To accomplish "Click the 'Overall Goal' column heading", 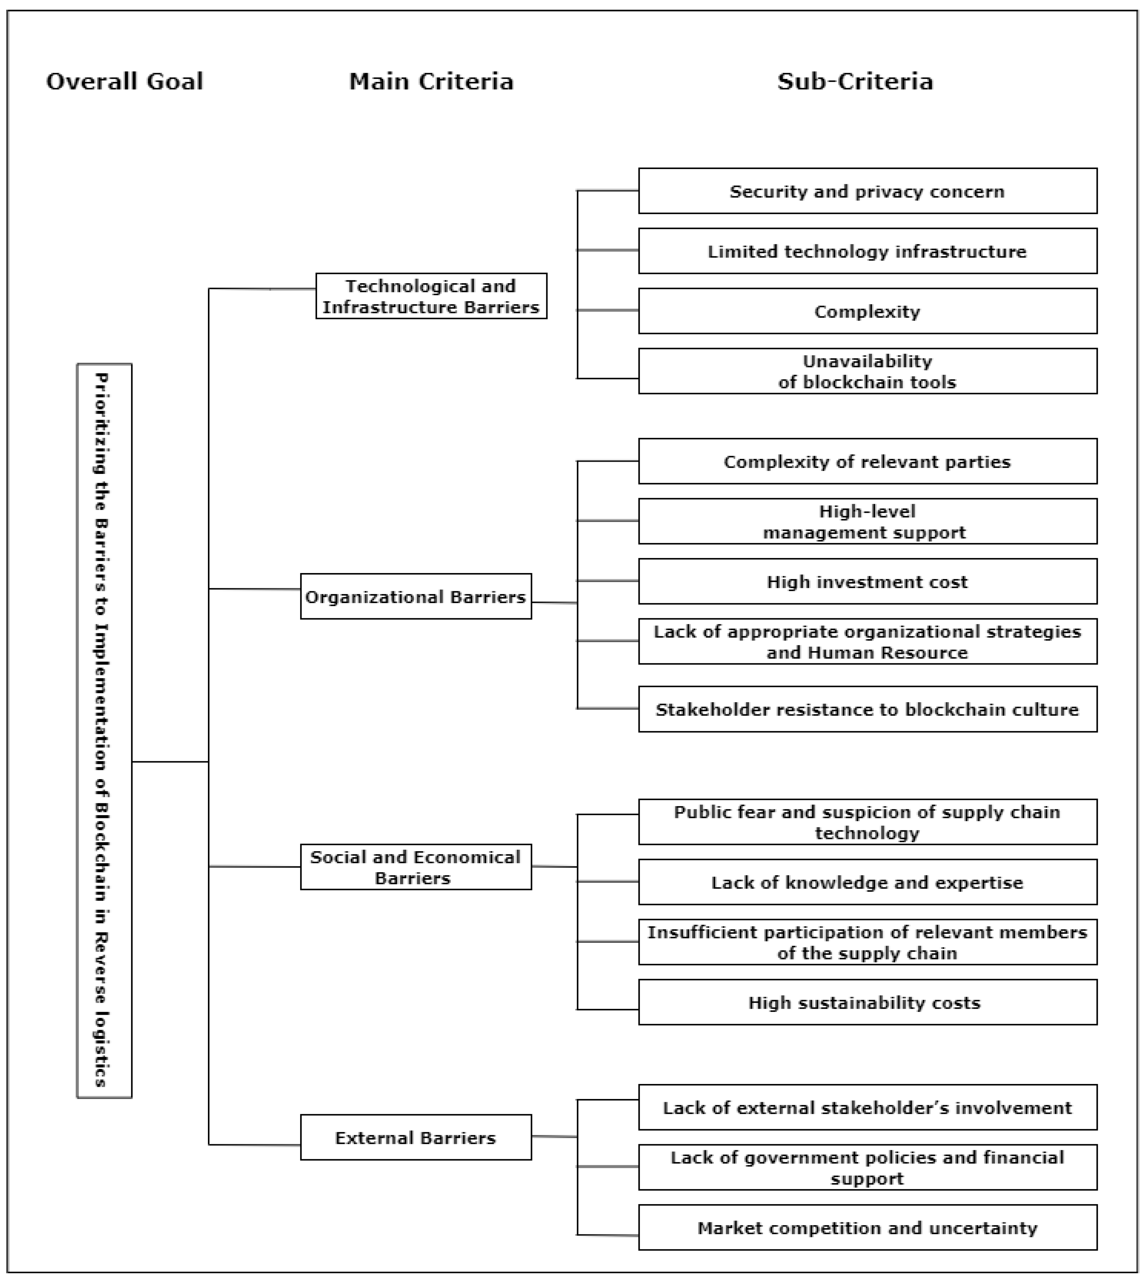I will coord(124,81).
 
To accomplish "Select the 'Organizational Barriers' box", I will coord(415,596).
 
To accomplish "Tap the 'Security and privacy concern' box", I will coord(867,191).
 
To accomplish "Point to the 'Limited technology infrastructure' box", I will coord(867,251).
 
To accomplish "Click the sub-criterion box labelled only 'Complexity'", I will coord(867,311).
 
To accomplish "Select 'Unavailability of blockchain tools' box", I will coord(867,371).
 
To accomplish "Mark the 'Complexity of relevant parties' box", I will coord(867,461).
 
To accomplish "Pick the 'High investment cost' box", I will coord(867,581).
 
